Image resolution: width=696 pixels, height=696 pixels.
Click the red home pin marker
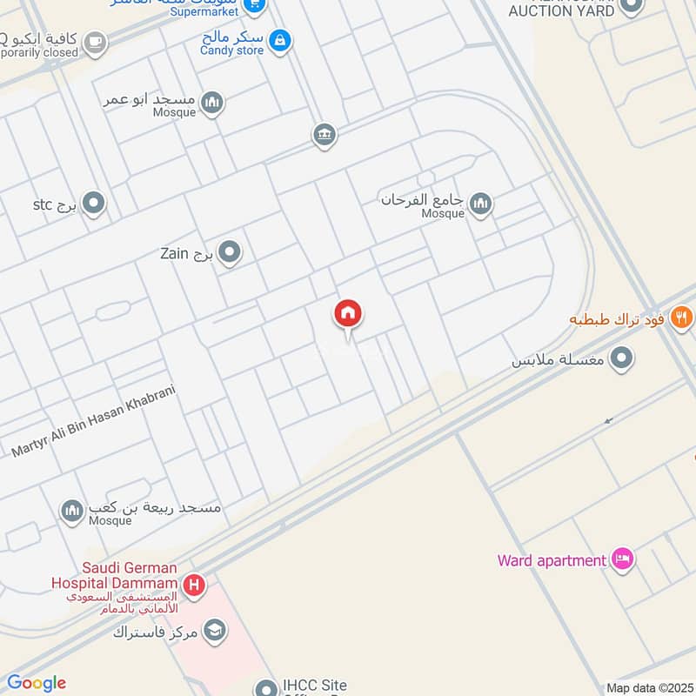(x=348, y=314)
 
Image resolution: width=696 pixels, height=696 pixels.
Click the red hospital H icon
(x=195, y=586)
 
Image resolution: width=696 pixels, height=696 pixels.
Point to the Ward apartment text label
(x=552, y=560)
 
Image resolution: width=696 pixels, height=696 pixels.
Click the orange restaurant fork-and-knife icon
(x=681, y=318)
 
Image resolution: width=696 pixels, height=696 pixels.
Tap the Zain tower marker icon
(x=230, y=253)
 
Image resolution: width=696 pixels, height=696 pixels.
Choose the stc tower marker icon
(x=94, y=204)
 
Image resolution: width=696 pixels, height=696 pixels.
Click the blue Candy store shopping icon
(x=279, y=39)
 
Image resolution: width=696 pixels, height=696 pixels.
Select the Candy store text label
(x=231, y=50)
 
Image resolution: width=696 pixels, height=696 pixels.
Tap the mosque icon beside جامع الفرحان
(x=479, y=204)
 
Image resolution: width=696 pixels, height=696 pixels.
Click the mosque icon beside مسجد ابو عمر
(x=211, y=104)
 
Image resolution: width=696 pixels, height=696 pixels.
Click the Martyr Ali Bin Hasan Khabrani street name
(x=94, y=423)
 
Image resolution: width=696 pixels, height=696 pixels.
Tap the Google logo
(x=37, y=683)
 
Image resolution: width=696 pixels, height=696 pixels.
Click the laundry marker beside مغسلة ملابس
(x=621, y=358)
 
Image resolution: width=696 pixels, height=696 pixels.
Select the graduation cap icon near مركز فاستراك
(x=215, y=631)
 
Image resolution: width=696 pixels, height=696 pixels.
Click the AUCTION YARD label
(x=562, y=10)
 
